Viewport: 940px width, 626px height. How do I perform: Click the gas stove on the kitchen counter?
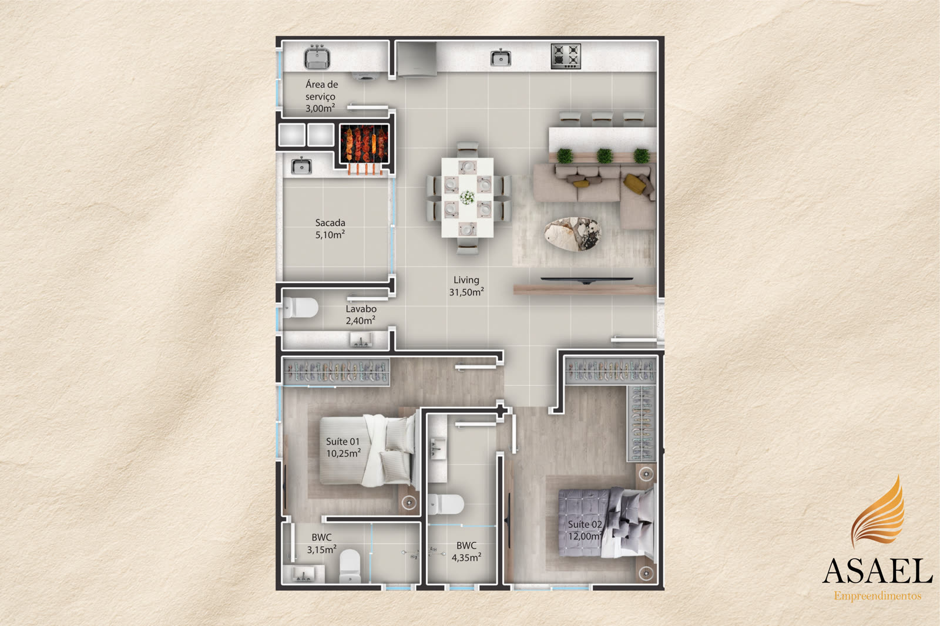point(566,56)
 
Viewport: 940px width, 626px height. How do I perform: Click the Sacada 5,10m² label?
point(330,228)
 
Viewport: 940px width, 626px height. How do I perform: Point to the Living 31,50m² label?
point(466,286)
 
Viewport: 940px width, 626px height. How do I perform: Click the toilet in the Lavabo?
point(300,308)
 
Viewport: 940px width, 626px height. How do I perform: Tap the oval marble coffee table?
point(573,234)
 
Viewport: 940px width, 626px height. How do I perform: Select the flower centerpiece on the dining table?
point(467,197)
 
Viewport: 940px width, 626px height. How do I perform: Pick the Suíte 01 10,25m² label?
point(343,447)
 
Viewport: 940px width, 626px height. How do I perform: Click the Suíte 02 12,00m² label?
point(585,530)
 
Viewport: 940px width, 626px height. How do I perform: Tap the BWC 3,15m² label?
point(321,543)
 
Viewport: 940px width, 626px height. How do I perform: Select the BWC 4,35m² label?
point(466,551)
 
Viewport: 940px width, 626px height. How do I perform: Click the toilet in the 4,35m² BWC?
point(446,504)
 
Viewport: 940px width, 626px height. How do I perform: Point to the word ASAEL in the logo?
point(877,571)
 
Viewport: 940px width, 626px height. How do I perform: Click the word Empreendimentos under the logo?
point(878,596)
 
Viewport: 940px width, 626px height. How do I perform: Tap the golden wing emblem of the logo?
point(879,513)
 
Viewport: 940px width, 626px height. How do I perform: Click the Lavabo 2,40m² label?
point(361,315)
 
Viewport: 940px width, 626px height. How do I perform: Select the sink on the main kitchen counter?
point(501,58)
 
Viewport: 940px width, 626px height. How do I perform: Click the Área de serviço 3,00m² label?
point(321,96)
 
